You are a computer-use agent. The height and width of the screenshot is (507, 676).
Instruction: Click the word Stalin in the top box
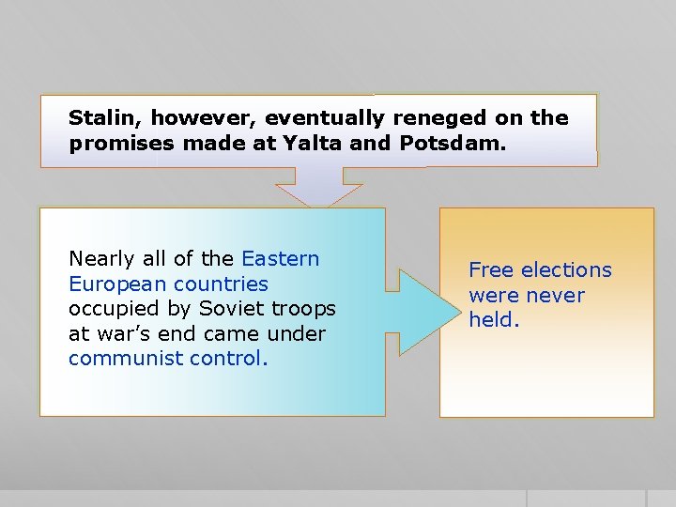pyautogui.click(x=104, y=118)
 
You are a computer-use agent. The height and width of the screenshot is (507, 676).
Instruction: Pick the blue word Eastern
pyautogui.click(x=281, y=259)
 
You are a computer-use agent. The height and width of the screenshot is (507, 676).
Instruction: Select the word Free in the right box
pyautogui.click(x=490, y=270)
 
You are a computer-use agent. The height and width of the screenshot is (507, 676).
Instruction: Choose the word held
pyautogui.click(x=493, y=320)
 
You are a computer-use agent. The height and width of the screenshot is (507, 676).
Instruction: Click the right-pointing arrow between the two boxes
pyautogui.click(x=413, y=312)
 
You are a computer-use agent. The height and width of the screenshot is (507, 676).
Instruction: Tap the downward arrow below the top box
pyautogui.click(x=319, y=188)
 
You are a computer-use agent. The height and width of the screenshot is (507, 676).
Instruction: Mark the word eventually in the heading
pyautogui.click(x=326, y=118)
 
